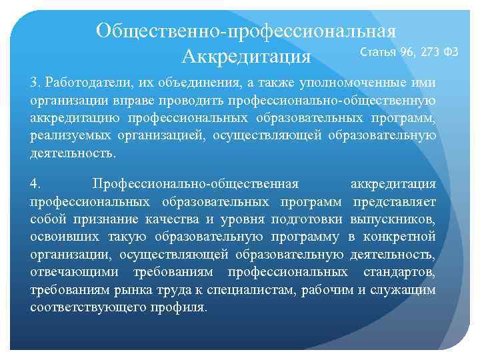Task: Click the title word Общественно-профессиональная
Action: (246, 31)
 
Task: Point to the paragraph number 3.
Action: (35, 83)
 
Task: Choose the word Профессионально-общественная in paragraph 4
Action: (196, 183)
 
